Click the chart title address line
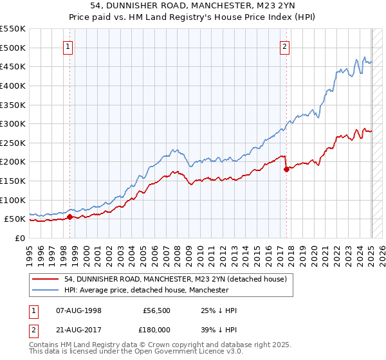(192, 5)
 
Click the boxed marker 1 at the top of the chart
(68, 46)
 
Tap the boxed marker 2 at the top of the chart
(284, 46)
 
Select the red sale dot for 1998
(69, 217)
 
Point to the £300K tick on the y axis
(14, 123)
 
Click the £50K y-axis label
(15, 219)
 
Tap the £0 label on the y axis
(21, 239)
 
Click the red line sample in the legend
(46, 279)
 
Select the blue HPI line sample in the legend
(46, 290)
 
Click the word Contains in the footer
(45, 346)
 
